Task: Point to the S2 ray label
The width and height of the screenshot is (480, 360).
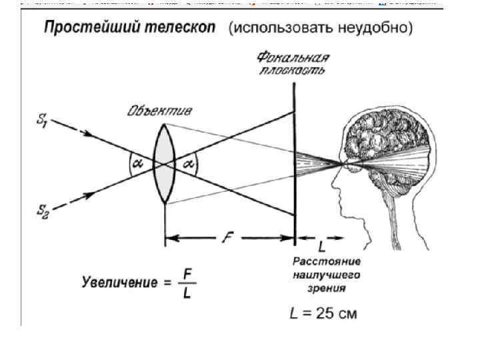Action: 41,211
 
